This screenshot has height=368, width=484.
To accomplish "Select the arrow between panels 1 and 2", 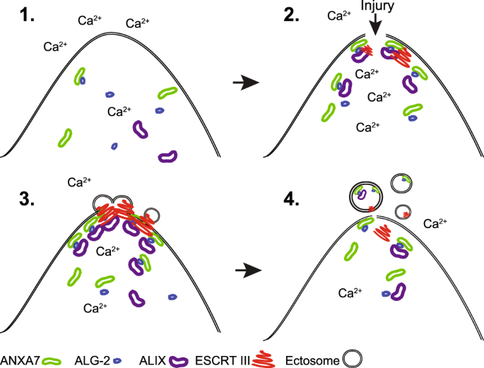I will point(245,83).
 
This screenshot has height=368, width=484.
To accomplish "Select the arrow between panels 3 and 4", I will point(245,269).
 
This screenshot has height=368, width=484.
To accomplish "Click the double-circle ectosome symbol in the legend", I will point(352,358).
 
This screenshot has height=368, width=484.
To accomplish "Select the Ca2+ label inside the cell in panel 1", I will point(121,111).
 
